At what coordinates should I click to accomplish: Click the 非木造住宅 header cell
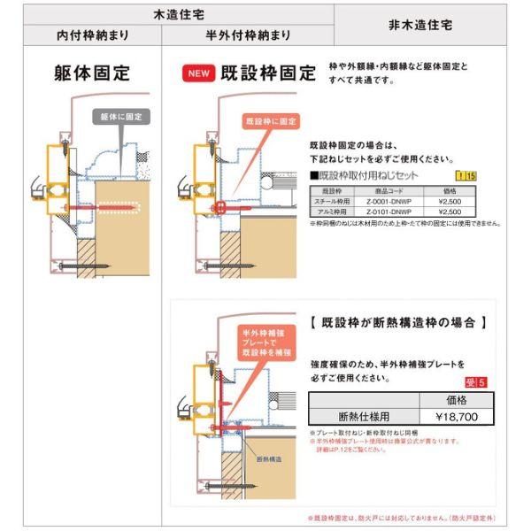420,26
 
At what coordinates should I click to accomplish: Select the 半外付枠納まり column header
249,35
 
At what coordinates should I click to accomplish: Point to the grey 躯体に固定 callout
120,116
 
